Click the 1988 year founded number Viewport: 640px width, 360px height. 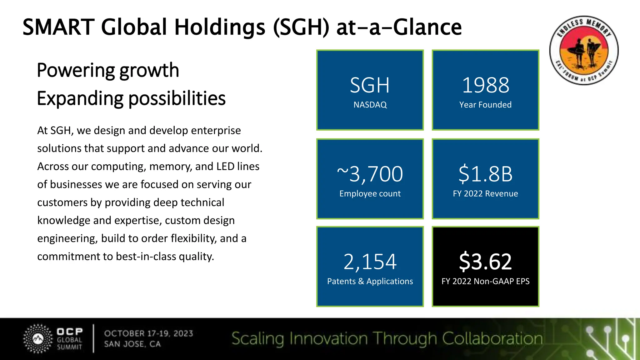point(485,85)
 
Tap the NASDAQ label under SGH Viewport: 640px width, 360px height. point(370,105)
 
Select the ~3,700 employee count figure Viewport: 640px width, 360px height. point(370,174)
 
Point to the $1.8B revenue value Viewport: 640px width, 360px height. point(485,174)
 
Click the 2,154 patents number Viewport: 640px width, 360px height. point(370,262)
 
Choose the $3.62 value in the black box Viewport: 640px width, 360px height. point(485,262)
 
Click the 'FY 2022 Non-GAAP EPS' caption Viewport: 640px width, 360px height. point(485,281)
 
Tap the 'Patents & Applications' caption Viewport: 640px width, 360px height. point(370,281)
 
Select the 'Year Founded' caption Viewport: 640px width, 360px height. point(485,105)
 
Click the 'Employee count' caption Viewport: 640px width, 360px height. point(370,194)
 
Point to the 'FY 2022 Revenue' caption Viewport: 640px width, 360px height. point(485,194)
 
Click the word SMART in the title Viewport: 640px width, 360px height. point(58,27)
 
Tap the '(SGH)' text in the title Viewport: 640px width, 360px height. point(301,27)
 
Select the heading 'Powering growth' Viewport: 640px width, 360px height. point(108,70)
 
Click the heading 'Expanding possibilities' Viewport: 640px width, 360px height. point(131,98)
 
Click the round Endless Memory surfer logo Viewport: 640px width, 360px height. point(584,50)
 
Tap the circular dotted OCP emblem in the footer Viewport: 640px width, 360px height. point(38,339)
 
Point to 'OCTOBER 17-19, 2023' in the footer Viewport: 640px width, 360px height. point(149,333)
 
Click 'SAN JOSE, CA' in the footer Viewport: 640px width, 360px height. point(132,344)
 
